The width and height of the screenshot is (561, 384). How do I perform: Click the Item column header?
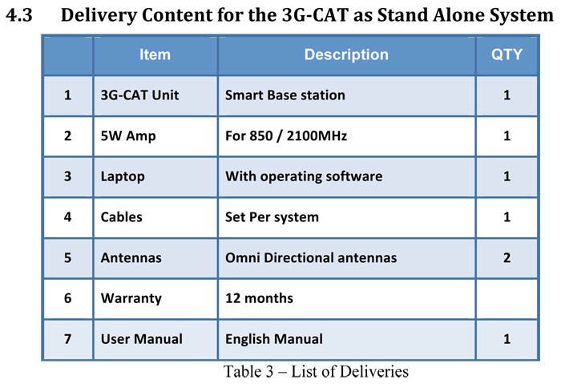pos(155,55)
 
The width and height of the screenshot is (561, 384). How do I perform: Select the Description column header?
pos(346,55)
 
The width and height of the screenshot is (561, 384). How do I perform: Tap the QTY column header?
pos(507,55)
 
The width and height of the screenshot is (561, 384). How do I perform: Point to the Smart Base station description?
pos(285,95)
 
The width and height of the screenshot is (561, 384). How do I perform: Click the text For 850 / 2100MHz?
pos(286,136)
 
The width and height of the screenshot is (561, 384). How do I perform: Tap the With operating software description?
pos(304,176)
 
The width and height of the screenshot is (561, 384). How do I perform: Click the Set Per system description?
pos(272,217)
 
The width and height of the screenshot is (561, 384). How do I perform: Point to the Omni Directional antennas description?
pos(311,258)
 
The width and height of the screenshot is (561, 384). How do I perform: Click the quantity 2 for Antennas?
pos(507,258)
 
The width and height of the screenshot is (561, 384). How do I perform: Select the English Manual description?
pos(274,339)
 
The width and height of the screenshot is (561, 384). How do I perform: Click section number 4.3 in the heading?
pos(19,15)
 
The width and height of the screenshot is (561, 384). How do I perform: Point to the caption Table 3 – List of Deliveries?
pos(316,371)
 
